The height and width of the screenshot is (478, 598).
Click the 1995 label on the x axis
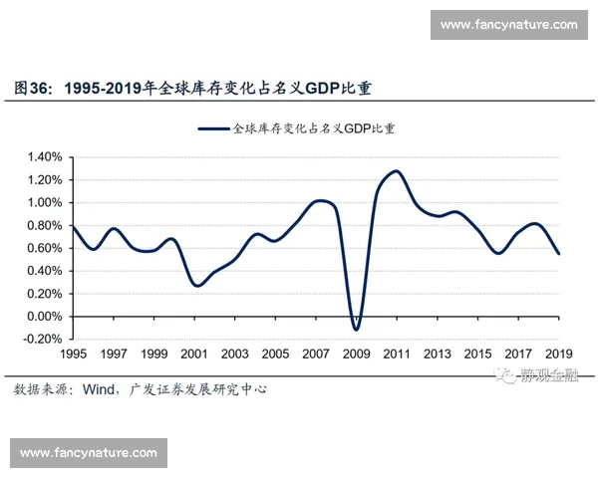(73, 355)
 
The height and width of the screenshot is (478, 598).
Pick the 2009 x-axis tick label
(356, 355)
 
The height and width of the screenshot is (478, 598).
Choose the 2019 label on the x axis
(559, 355)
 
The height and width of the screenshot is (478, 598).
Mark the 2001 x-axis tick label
(194, 355)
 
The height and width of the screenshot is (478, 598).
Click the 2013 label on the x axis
(438, 355)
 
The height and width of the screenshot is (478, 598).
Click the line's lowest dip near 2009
(356, 330)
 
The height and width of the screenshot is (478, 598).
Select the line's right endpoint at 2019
(559, 254)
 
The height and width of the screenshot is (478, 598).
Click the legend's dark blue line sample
(213, 128)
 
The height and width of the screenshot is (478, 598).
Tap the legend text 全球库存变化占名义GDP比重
(313, 128)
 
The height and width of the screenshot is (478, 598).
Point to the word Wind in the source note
(96, 389)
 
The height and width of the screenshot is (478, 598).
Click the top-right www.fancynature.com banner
(508, 24)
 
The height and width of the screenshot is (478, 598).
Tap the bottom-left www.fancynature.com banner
(89, 453)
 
